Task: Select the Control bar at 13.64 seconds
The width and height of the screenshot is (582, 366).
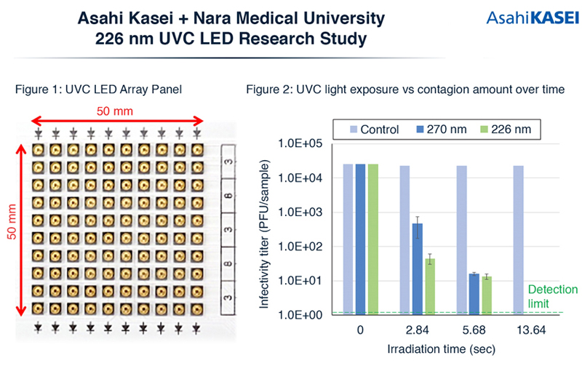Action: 519,240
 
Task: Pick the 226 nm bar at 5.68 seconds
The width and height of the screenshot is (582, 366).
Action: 487,295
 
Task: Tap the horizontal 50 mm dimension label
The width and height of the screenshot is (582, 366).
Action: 113,111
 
